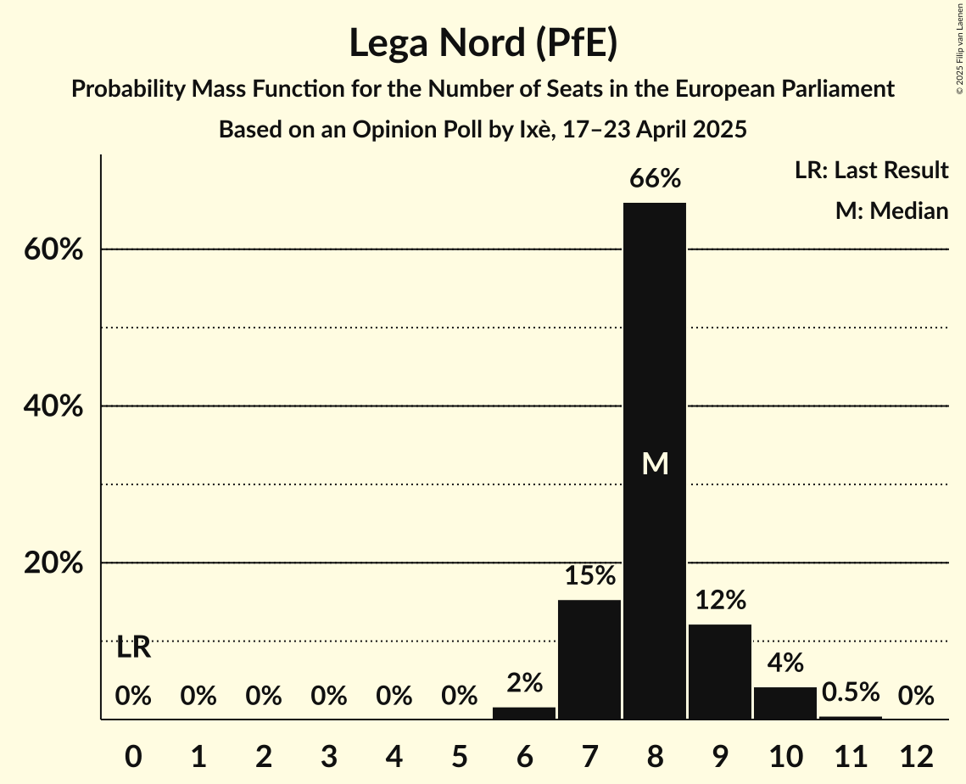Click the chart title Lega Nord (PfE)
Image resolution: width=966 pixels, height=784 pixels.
483,43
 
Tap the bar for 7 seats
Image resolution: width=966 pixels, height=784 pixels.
589,659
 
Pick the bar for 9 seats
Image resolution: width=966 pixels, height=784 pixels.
720,671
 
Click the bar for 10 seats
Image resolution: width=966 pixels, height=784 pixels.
785,703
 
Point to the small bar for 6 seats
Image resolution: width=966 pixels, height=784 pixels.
524,713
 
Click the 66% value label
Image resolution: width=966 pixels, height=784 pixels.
655,179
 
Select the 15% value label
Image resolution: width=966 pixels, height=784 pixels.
589,576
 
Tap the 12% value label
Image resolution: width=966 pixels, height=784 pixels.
720,601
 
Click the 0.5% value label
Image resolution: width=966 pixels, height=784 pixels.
851,692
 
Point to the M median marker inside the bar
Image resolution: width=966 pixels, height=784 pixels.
655,463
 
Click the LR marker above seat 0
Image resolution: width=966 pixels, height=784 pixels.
133,648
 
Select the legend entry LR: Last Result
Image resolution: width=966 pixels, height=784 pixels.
871,171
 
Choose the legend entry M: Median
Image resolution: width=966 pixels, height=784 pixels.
891,210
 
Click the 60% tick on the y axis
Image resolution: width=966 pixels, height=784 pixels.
53,251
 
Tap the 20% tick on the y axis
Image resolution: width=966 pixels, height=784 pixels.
53,564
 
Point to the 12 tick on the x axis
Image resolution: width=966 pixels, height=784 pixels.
916,756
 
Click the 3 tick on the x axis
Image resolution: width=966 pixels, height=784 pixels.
329,756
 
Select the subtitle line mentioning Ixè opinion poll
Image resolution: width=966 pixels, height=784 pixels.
483,130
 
